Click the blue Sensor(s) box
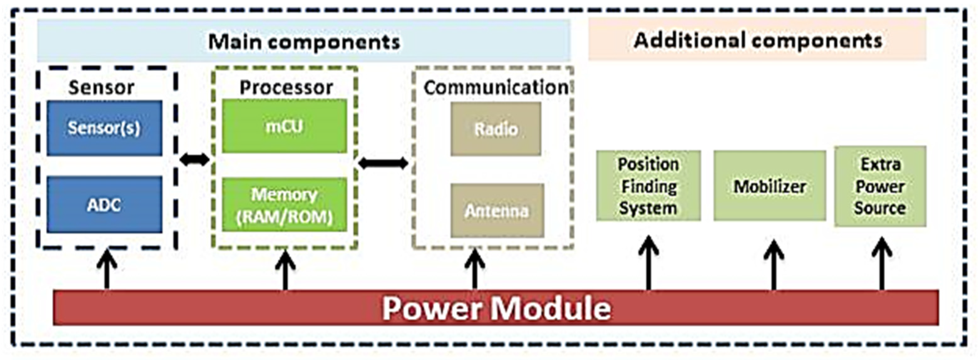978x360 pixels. click(105, 128)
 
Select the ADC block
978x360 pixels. click(105, 205)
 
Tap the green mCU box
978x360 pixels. click(284, 126)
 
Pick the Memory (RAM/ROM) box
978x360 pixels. click(284, 205)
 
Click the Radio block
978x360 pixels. click(496, 129)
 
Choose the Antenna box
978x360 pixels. click(497, 211)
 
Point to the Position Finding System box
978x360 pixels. click(648, 186)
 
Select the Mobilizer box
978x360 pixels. click(770, 186)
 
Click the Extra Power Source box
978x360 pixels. click(880, 186)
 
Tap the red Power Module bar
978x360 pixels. click(496, 308)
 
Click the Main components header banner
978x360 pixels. click(303, 41)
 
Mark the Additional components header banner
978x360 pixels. click(757, 40)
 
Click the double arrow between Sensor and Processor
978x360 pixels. click(194, 159)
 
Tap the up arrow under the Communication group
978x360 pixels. click(475, 270)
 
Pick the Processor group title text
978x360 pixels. click(286, 87)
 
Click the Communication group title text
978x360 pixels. click(496, 87)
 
